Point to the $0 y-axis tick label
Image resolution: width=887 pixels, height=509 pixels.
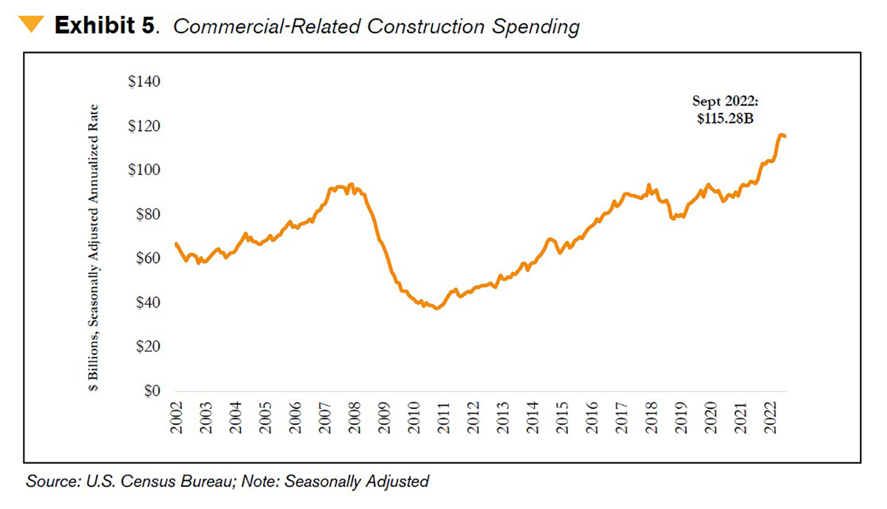[150, 392]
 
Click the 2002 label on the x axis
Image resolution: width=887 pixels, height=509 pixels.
[176, 417]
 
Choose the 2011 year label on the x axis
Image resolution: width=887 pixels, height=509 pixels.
[444, 417]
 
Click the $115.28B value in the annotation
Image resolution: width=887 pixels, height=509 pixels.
[725, 119]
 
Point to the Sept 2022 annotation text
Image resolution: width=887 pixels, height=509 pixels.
[725, 101]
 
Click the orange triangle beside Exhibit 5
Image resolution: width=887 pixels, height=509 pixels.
[30, 25]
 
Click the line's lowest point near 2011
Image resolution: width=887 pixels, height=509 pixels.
[436, 308]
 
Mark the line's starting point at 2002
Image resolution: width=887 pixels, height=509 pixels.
[175, 243]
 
